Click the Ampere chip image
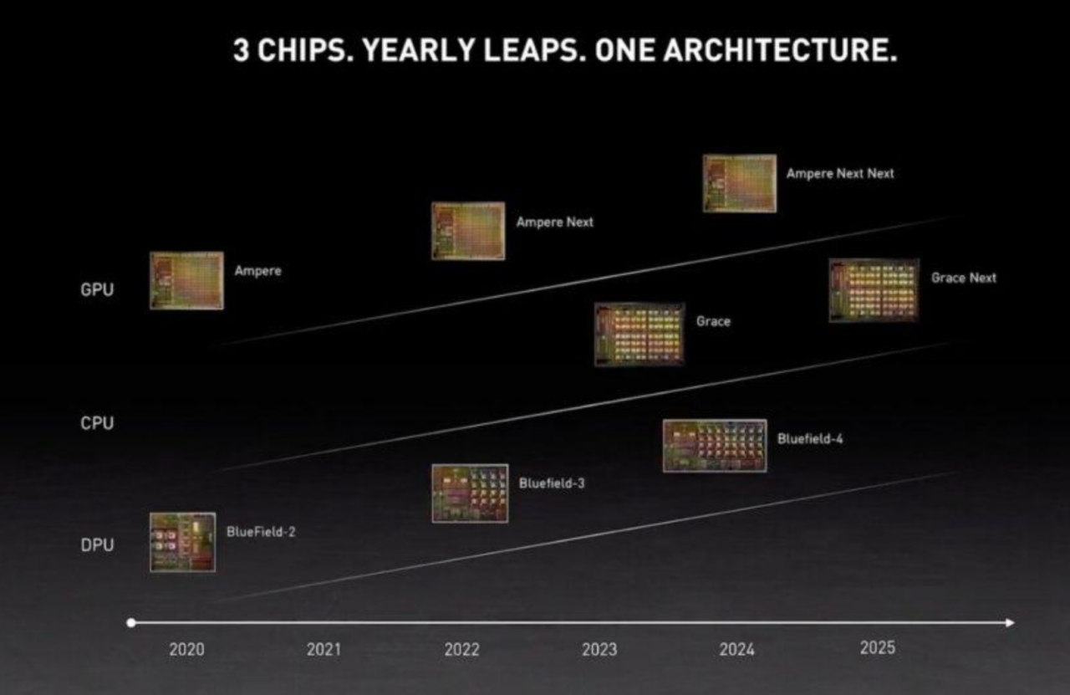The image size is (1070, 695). (186, 280)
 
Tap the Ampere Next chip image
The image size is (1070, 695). (468, 231)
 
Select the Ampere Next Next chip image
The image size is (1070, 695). (739, 183)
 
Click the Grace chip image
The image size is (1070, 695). (639, 335)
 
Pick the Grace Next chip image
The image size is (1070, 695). (874, 289)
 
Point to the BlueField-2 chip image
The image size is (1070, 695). (182, 542)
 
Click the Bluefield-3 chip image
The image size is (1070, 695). (470, 493)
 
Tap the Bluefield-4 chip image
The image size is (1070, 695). (715, 446)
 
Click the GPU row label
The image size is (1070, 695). (97, 290)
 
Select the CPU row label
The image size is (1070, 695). (97, 423)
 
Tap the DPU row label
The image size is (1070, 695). (97, 545)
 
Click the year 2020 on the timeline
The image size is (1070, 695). (186, 649)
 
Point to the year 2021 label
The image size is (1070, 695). (324, 649)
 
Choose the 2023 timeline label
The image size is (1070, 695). (599, 649)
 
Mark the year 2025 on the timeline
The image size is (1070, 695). (877, 647)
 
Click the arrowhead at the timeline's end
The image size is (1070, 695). (1010, 622)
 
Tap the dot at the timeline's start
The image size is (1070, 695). (130, 622)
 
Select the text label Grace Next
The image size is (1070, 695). (964, 278)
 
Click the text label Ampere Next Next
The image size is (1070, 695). (840, 173)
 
